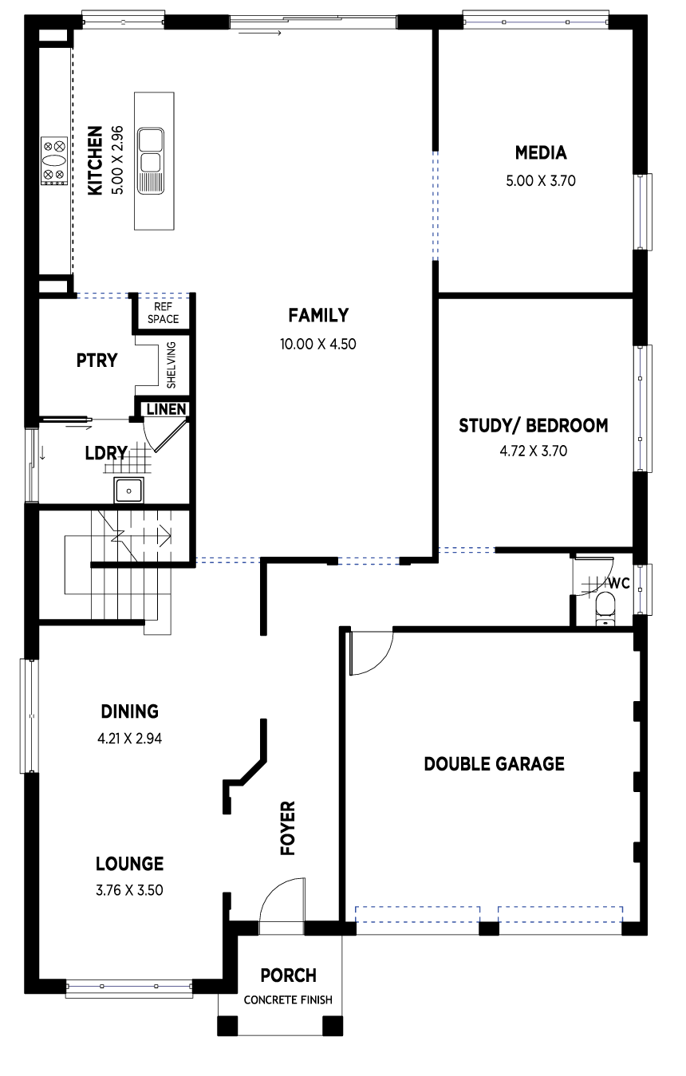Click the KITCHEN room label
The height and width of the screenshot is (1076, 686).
(95, 160)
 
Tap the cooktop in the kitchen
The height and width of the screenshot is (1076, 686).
(53, 161)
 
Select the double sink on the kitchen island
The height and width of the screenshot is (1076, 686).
(151, 161)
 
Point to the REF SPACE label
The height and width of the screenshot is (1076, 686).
(164, 313)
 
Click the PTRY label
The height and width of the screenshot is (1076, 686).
(97, 361)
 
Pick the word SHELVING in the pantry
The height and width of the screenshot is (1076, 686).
(171, 365)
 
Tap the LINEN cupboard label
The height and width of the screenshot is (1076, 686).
(166, 409)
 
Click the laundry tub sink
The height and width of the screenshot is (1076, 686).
(128, 491)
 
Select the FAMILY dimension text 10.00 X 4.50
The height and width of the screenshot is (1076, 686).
(318, 344)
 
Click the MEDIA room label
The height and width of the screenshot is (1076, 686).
(541, 153)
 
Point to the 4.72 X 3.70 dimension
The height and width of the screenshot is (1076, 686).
(533, 451)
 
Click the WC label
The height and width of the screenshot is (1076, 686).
(619, 583)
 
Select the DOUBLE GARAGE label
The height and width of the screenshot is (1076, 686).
(494, 764)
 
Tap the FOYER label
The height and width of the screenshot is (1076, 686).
(288, 828)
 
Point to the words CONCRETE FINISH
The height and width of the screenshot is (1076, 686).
(288, 999)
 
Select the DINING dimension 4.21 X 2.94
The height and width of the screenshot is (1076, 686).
(130, 739)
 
